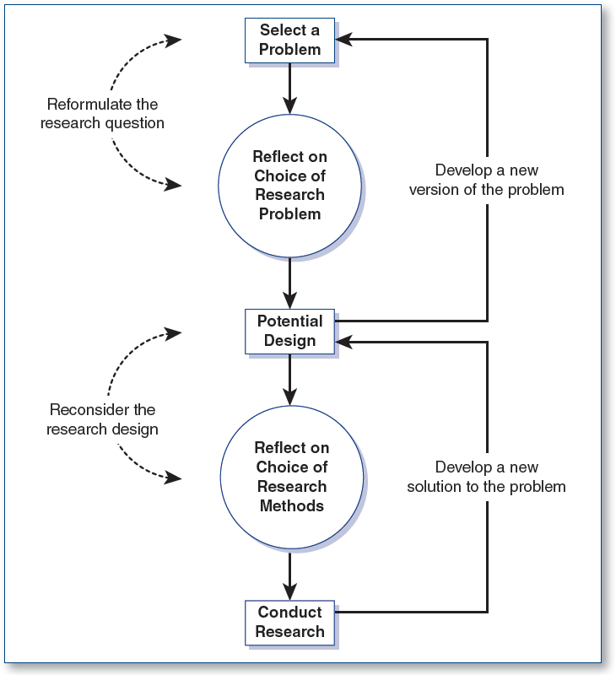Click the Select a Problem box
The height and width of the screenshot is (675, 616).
pos(290,40)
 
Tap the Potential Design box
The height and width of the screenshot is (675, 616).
pos(290,331)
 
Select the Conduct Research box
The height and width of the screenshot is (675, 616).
pos(290,622)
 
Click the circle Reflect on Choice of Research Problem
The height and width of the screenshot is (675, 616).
pos(290,185)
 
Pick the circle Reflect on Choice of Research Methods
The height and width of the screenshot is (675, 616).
pos(291,477)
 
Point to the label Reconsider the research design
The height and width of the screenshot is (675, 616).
pos(103,419)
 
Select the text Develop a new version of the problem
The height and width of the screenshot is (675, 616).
pos(487,180)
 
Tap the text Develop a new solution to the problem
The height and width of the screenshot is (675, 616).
pos(487,477)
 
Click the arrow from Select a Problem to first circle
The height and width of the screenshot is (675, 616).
pos(290,89)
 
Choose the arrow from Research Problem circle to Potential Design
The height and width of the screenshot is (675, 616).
pos(290,283)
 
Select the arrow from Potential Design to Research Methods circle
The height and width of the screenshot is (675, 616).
pos(290,380)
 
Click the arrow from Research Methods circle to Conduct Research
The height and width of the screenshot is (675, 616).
pos(290,574)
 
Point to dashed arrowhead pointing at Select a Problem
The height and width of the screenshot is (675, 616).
pos(174,40)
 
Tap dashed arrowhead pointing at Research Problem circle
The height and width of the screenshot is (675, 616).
pos(174,185)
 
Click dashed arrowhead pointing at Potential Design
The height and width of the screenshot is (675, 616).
pos(174,332)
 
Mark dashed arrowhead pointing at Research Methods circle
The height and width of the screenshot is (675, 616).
pos(174,478)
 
